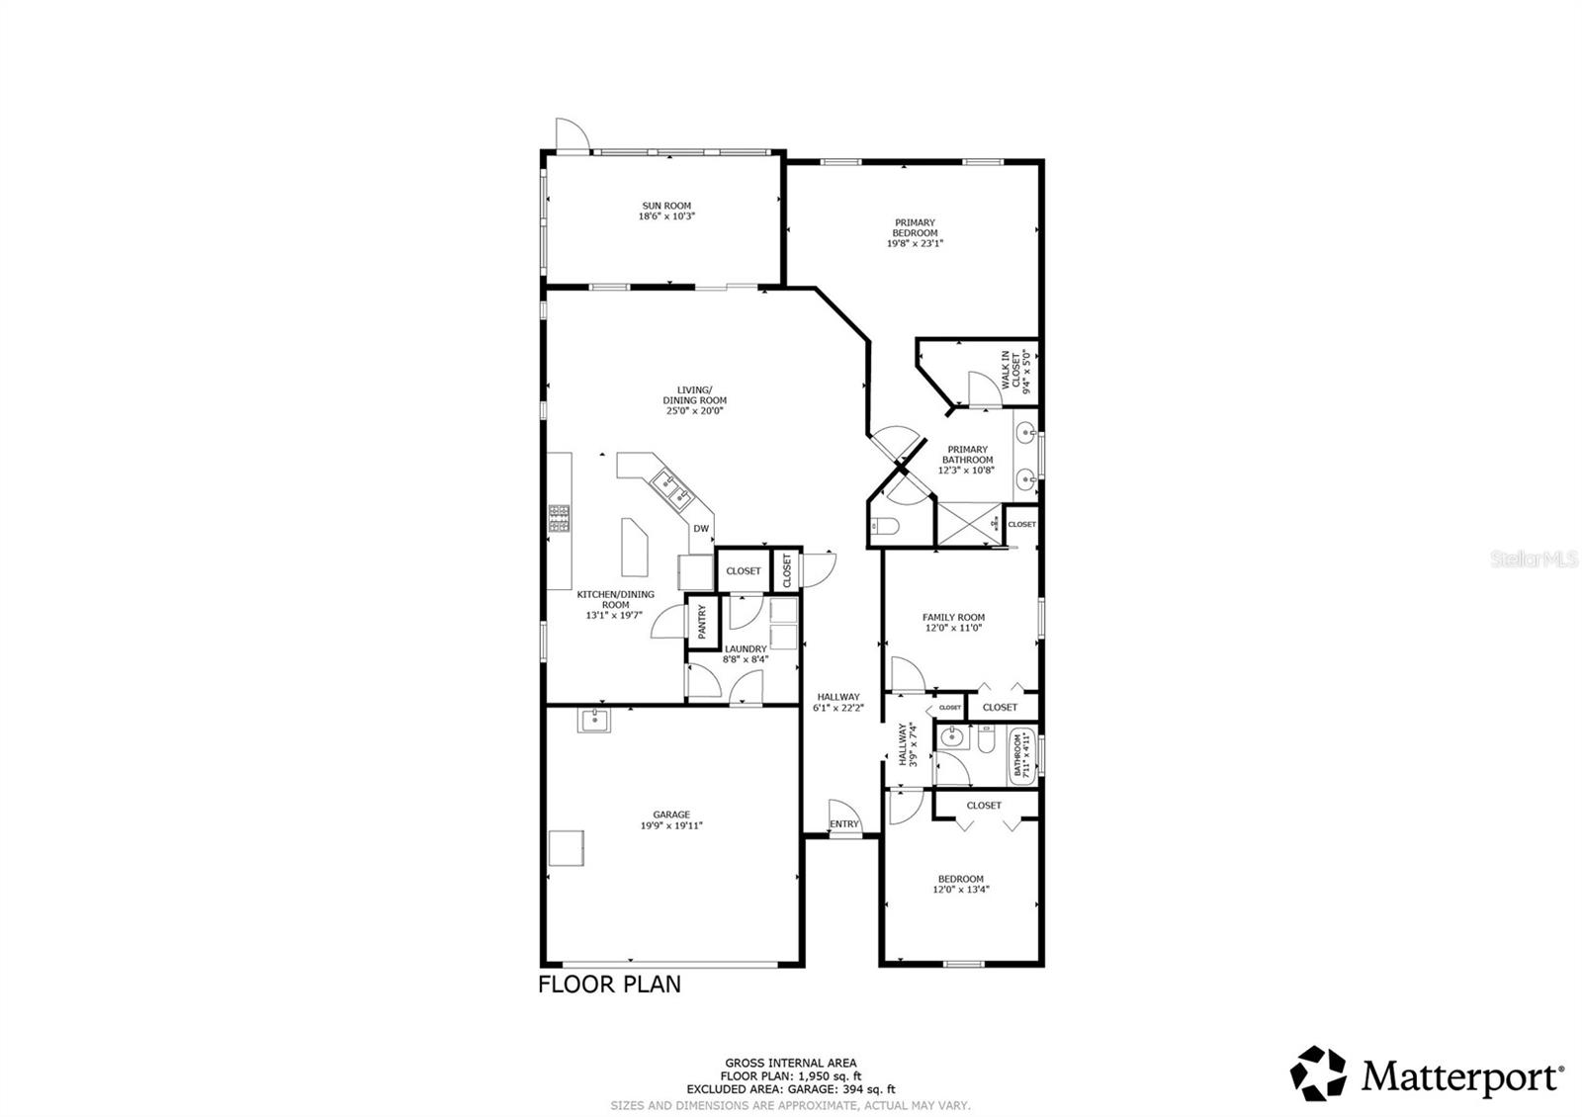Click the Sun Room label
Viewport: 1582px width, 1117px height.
pyautogui.click(x=666, y=206)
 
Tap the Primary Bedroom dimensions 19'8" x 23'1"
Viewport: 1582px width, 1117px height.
pyautogui.click(x=915, y=242)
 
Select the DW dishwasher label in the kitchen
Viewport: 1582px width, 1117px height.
pyautogui.click(x=700, y=529)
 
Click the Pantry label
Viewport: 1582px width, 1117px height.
pyautogui.click(x=702, y=622)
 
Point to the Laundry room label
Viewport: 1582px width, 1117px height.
pyautogui.click(x=745, y=649)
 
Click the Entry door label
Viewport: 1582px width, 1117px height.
pyautogui.click(x=844, y=824)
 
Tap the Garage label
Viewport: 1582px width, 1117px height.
pyautogui.click(x=671, y=815)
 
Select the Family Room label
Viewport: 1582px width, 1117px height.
pyautogui.click(x=953, y=617)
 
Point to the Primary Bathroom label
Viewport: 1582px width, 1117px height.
pyautogui.click(x=966, y=455)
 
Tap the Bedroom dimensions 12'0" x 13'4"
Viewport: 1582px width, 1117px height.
pyautogui.click(x=960, y=890)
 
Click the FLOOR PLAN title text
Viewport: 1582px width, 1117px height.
pyautogui.click(x=609, y=985)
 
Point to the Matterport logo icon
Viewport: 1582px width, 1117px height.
pyautogui.click(x=1320, y=1073)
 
